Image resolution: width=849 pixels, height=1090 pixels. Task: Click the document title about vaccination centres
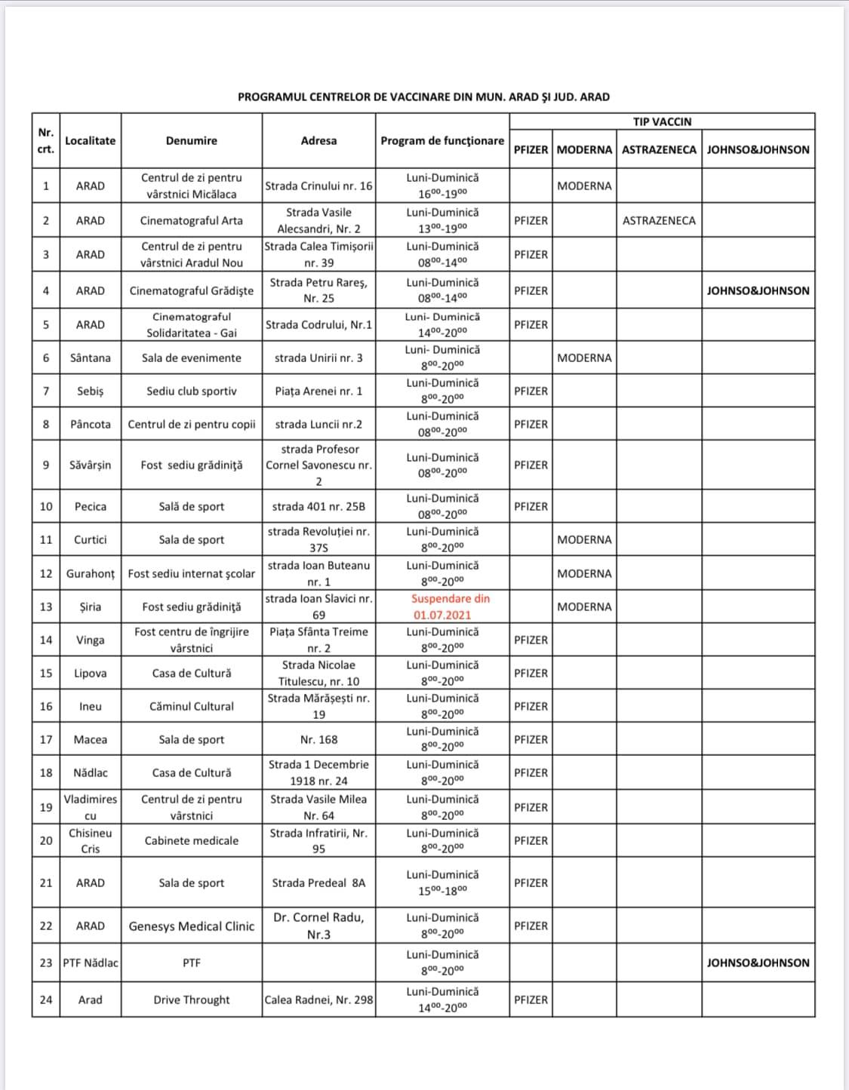pos(423,97)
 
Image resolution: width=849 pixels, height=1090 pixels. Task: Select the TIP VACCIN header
pos(662,121)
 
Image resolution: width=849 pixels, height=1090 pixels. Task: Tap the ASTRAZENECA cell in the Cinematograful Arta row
pos(659,220)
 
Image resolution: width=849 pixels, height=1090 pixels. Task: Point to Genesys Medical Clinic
pos(192,926)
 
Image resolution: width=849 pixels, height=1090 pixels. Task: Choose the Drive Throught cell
pos(192,999)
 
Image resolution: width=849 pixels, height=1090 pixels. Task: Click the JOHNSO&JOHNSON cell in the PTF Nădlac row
pos(758,963)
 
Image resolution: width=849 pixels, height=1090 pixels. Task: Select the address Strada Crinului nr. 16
pos(318,186)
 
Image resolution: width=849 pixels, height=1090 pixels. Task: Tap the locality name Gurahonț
pos(91,573)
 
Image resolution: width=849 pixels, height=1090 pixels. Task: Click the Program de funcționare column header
pos(442,140)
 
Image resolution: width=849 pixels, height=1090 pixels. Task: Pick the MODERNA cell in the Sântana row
pos(584,358)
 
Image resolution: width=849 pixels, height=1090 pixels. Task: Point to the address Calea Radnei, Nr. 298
pos(318,999)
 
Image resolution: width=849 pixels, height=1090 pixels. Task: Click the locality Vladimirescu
pos(91,807)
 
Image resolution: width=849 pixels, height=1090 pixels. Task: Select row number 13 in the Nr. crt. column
pos(46,606)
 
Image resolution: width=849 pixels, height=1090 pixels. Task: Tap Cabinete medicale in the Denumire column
pos(192,840)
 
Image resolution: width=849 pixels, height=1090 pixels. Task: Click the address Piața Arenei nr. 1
pos(318,391)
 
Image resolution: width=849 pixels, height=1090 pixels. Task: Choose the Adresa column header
pos(318,140)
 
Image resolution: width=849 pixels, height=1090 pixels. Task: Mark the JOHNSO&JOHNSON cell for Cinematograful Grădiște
pos(758,290)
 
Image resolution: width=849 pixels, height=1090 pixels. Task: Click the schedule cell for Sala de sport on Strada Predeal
pos(442,882)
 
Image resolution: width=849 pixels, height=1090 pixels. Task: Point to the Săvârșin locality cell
pos(91,465)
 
